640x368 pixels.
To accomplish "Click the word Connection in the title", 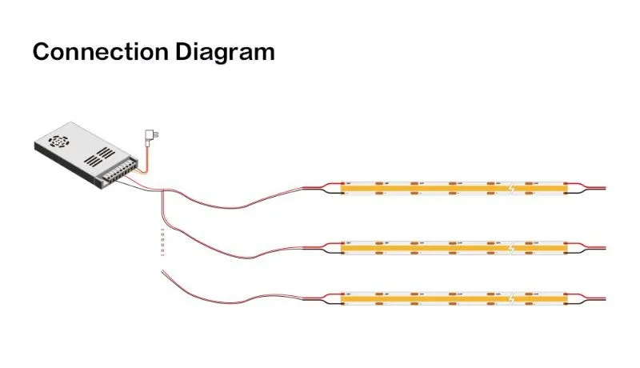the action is tap(90, 52).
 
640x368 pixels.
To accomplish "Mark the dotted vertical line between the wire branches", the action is tap(162, 241).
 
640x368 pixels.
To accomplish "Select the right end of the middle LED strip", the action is tap(566, 248).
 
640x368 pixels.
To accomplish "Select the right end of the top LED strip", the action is tap(566, 189).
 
